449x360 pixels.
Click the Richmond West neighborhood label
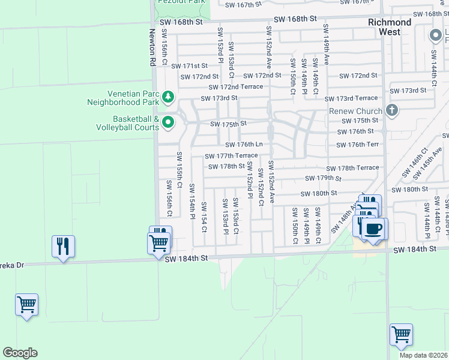pyautogui.click(x=390, y=26)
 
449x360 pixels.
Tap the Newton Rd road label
pyautogui.click(x=152, y=47)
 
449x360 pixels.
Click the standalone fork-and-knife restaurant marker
pyautogui.click(x=63, y=246)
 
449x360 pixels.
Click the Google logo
pyautogui.click(x=20, y=353)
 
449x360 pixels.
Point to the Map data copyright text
pyautogui.click(x=424, y=355)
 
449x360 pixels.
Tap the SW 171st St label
pyautogui.click(x=189, y=66)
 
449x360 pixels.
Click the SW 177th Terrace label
pyautogui.click(x=231, y=156)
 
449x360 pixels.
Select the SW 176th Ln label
pyautogui.click(x=244, y=145)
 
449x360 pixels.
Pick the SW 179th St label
pyautogui.click(x=323, y=178)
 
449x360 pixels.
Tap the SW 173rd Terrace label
pyautogui.click(x=351, y=98)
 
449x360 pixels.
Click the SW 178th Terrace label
pyautogui.click(x=353, y=168)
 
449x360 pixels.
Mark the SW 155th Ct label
pyautogui.click(x=179, y=166)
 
